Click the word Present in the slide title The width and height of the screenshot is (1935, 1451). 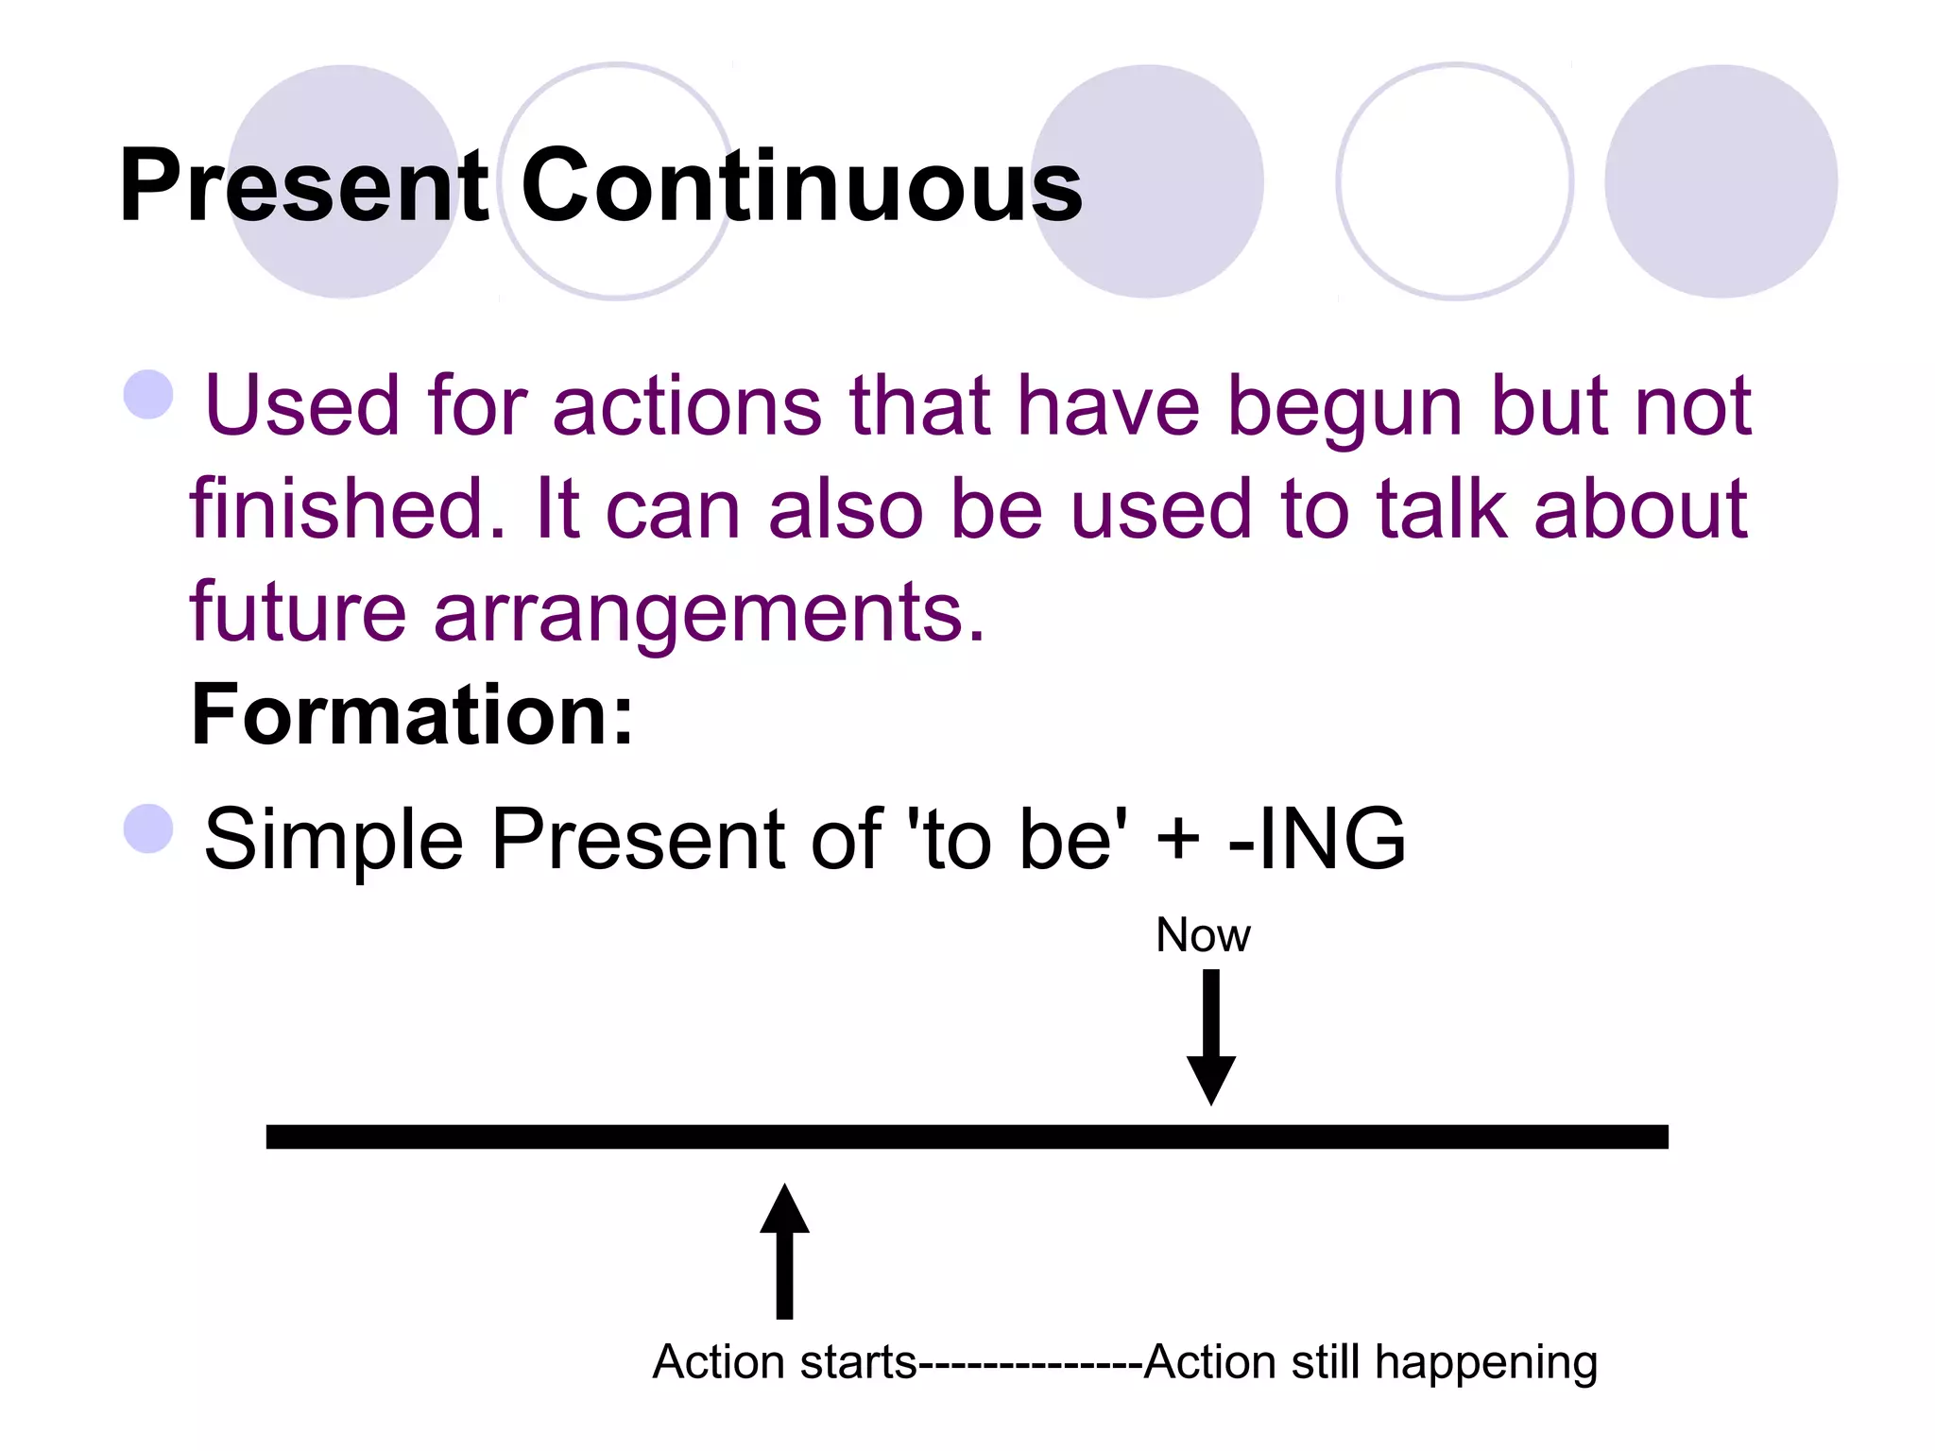[302, 186]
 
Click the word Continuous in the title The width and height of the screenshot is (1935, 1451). [801, 186]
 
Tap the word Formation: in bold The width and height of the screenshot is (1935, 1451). [412, 715]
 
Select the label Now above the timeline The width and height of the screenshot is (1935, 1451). [1203, 935]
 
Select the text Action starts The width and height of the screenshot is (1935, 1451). [784, 1362]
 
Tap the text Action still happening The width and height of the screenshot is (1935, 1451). [1370, 1362]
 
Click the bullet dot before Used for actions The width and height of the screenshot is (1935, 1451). [149, 394]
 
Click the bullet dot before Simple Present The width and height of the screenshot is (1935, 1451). [149, 828]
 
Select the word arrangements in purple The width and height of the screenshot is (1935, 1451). [709, 614]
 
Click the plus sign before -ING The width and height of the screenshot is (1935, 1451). [1177, 839]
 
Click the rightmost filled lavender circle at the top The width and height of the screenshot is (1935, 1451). [1721, 181]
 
